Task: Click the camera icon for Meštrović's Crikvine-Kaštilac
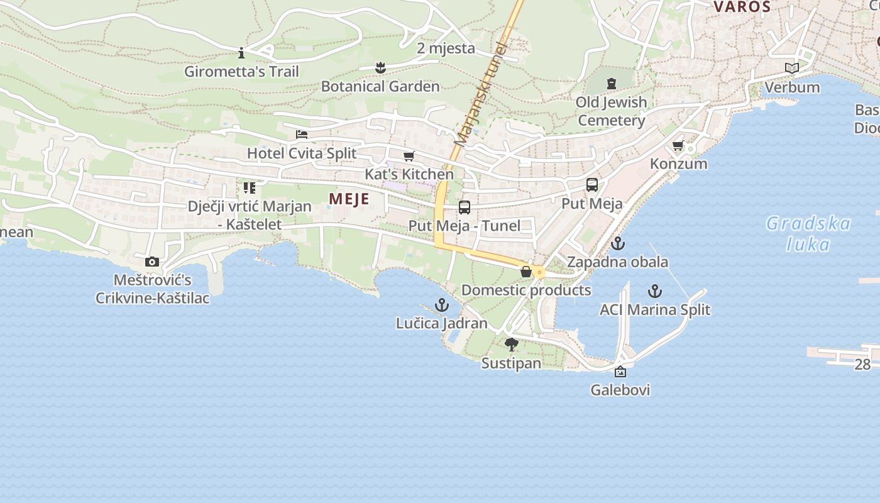pyautogui.click(x=152, y=262)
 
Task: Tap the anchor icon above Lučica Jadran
pyautogui.click(x=442, y=306)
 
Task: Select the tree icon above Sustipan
pyautogui.click(x=512, y=344)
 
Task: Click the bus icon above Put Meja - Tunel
pyautogui.click(x=465, y=207)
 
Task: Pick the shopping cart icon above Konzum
pyautogui.click(x=678, y=146)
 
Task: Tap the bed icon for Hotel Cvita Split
pyautogui.click(x=302, y=135)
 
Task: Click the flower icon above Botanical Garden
pyautogui.click(x=380, y=67)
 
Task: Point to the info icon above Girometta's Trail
pyautogui.click(x=241, y=53)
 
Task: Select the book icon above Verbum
pyautogui.click(x=792, y=68)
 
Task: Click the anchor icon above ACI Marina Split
pyautogui.click(x=655, y=291)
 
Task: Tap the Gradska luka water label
pyautogui.click(x=808, y=233)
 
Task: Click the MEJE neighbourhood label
pyautogui.click(x=349, y=199)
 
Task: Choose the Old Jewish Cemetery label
pyautogui.click(x=612, y=111)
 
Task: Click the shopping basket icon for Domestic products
pyautogui.click(x=526, y=272)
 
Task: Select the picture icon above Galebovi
pyautogui.click(x=620, y=372)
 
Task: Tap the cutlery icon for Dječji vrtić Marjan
pyautogui.click(x=250, y=188)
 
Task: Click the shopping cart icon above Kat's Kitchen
pyautogui.click(x=409, y=156)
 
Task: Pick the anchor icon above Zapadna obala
pyautogui.click(x=618, y=243)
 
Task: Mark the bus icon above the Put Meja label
pyautogui.click(x=592, y=185)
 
